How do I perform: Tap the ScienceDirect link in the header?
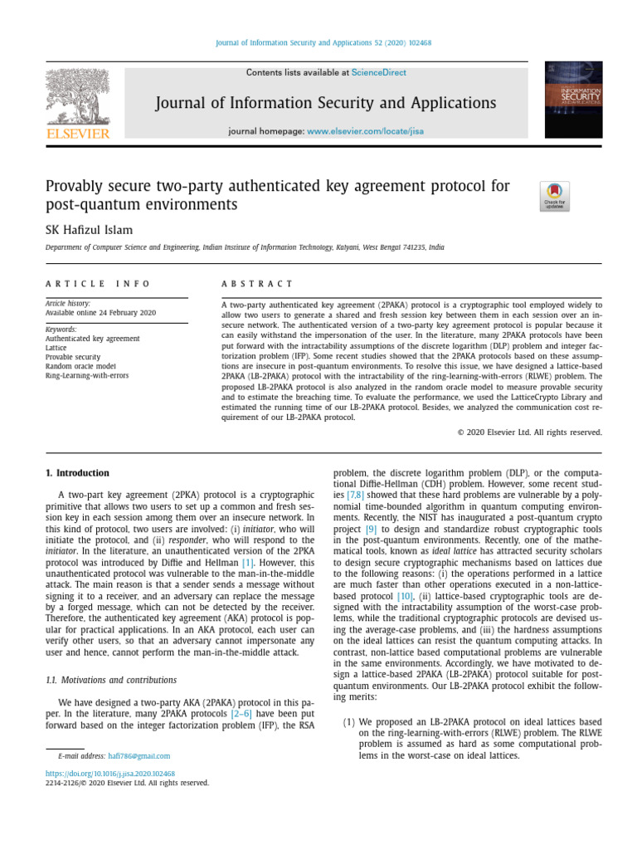pyautogui.click(x=379, y=73)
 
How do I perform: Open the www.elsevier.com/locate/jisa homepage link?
pyautogui.click(x=355, y=131)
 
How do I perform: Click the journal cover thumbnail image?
pyautogui.click(x=572, y=100)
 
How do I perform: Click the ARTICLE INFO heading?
pyautogui.click(x=98, y=284)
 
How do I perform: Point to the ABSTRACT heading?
pyautogui.click(x=257, y=284)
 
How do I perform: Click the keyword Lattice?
pyautogui.click(x=56, y=348)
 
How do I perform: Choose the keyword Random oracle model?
pyautogui.click(x=81, y=366)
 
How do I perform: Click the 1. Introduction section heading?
pyautogui.click(x=77, y=473)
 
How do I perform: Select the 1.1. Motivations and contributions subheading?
pyautogui.click(x=110, y=680)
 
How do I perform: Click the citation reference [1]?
pyautogui.click(x=248, y=564)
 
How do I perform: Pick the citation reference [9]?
pyautogui.click(x=372, y=528)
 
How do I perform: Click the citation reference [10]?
pyautogui.click(x=405, y=596)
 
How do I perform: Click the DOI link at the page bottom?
pyautogui.click(x=109, y=773)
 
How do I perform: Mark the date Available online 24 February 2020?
pyautogui.click(x=100, y=312)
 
